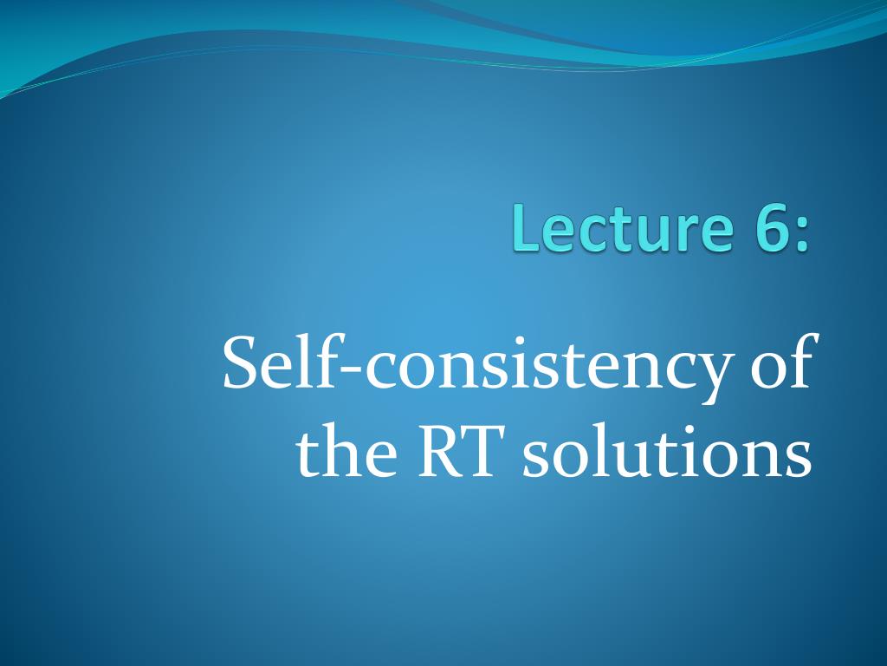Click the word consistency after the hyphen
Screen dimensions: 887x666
[546, 369]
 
